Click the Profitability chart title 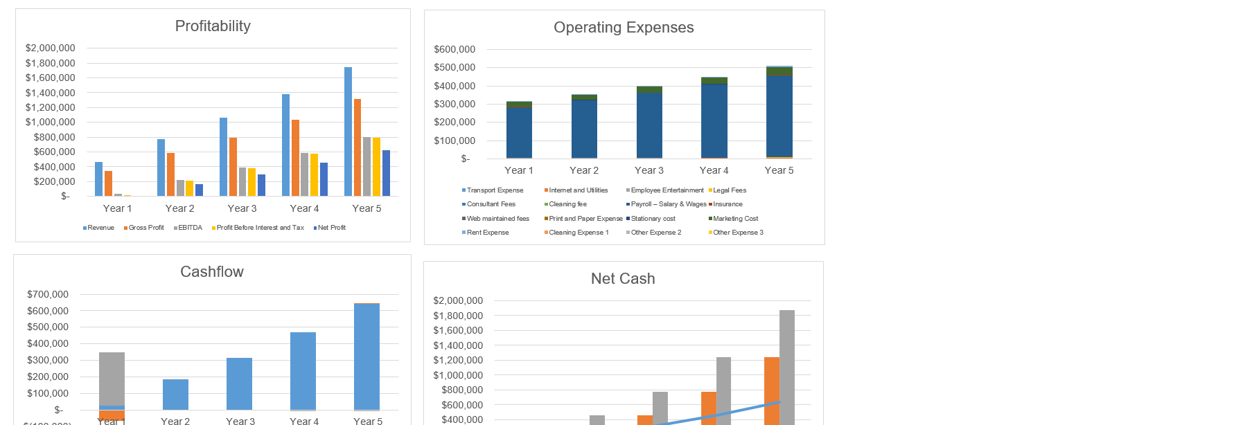pos(213,26)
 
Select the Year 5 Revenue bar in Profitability pos(348,132)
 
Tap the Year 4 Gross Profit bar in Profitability pos(295,158)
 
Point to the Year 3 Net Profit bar pos(261,185)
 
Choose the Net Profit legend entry pos(331,228)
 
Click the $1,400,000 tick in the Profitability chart pos(50,93)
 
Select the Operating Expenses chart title pos(624,28)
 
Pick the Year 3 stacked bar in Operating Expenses pos(649,123)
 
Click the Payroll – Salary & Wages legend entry pos(668,204)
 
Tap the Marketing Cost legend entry pos(735,219)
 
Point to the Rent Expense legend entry pos(487,233)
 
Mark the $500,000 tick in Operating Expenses pos(454,68)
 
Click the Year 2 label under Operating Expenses pos(584,170)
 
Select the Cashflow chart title pos(212,272)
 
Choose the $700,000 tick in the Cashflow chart pos(48,294)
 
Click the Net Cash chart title pos(623,279)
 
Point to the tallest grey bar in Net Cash pos(787,367)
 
